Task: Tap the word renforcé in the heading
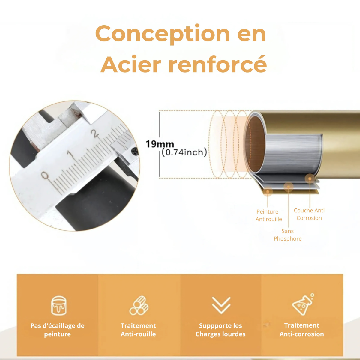pos(217,64)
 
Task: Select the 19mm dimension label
pos(160,144)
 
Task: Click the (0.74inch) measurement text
pos(184,152)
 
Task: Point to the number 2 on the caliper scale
pos(95,134)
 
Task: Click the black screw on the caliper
pos(135,151)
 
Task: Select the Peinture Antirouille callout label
pos(268,215)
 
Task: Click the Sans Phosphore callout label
pos(288,235)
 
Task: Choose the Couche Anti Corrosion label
pos(309,214)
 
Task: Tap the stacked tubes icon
pos(139,305)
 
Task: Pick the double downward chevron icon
pos(221,305)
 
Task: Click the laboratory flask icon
pos(303,304)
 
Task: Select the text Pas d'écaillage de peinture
pos(58,330)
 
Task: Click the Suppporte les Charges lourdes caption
pos(220,330)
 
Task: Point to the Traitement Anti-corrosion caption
pos(302,330)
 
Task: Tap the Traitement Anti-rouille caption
pos(138,330)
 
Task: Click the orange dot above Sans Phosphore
pos(289,187)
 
